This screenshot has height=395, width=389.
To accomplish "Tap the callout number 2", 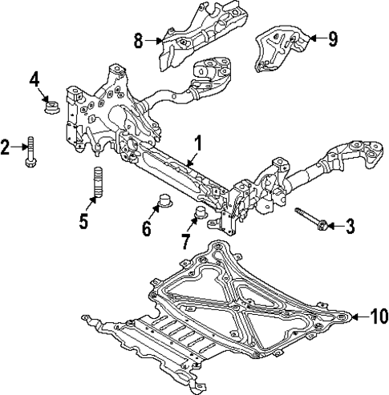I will pyautogui.click(x=6, y=147).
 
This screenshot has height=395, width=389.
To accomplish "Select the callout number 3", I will pyautogui.click(x=349, y=228).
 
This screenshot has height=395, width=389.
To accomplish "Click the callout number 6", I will pyautogui.click(x=146, y=228).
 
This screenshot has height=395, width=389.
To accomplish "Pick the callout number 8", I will pyautogui.click(x=139, y=41).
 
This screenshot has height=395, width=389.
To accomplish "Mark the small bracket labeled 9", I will pyautogui.click(x=278, y=45).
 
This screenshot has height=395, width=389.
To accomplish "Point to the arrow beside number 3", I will pyautogui.click(x=333, y=228).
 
